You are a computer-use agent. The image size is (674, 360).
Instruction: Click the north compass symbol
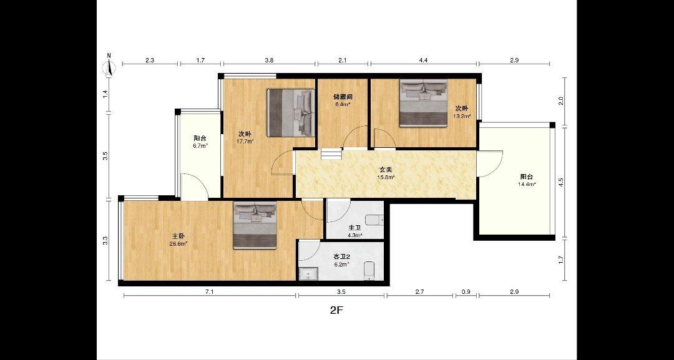(110, 66)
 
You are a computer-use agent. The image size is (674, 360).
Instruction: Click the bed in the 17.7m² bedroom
(290, 112)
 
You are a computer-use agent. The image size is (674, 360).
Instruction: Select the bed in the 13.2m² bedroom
(423, 103)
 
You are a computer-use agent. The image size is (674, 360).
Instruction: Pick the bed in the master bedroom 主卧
(255, 225)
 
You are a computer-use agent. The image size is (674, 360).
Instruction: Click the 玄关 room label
(385, 170)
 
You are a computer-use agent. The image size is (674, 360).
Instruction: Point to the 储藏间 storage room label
(343, 97)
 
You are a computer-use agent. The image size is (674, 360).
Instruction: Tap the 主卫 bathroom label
(354, 228)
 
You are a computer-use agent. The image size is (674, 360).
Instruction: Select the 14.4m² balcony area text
(527, 184)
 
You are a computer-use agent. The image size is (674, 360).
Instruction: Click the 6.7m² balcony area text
(200, 145)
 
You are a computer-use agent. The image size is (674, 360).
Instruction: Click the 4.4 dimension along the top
(423, 61)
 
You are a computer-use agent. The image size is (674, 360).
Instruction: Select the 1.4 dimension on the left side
(105, 94)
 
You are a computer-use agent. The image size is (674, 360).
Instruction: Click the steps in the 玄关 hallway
(331, 153)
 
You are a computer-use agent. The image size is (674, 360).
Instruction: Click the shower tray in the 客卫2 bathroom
(308, 274)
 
